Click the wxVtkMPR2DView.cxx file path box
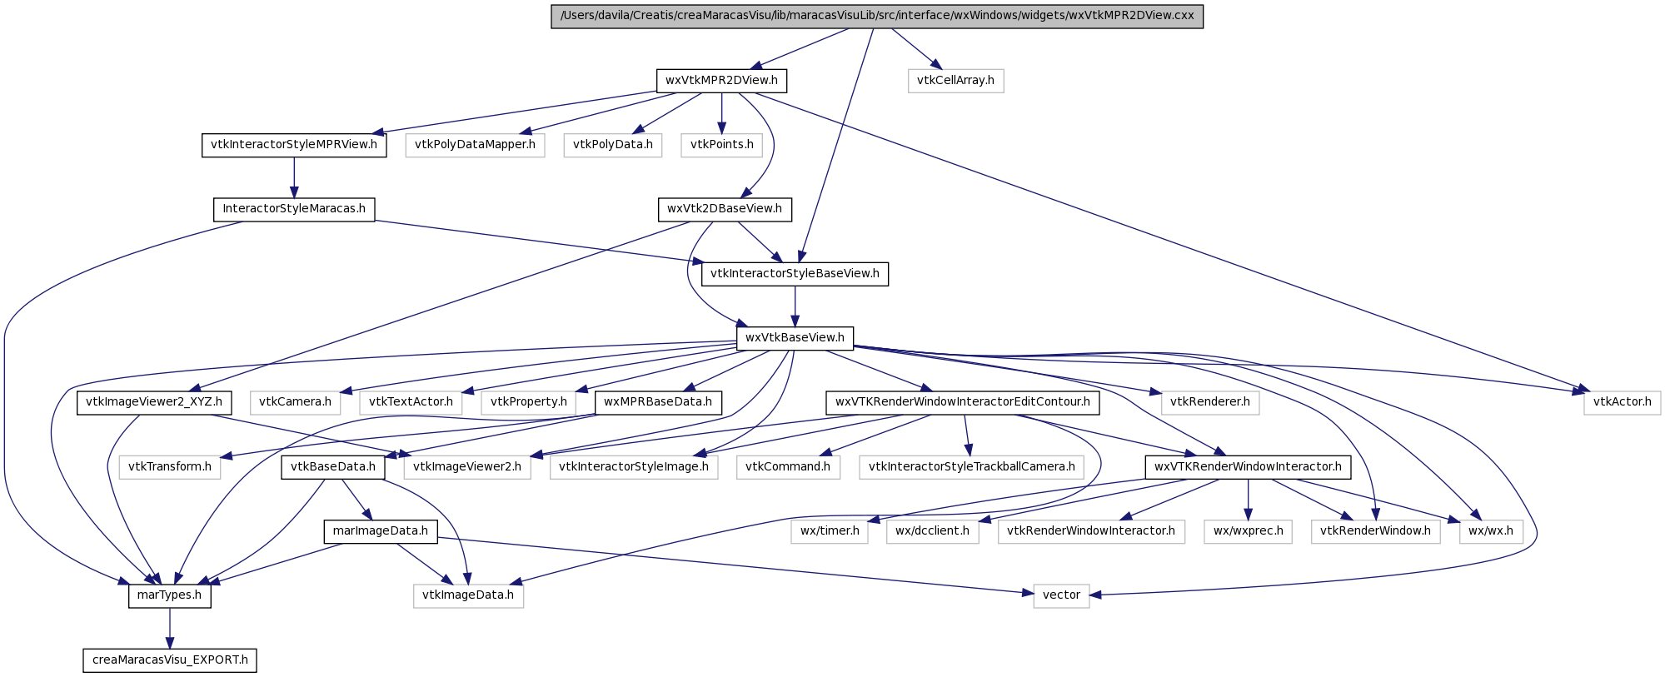(x=877, y=16)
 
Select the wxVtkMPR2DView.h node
(x=721, y=81)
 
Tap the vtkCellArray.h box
(x=955, y=81)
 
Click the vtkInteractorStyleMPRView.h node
(x=294, y=145)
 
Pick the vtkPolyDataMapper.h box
(x=475, y=145)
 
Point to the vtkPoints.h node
(x=722, y=145)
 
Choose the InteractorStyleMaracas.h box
(x=294, y=209)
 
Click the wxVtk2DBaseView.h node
(x=725, y=209)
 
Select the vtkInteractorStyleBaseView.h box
(x=795, y=274)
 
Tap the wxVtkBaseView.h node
(x=795, y=338)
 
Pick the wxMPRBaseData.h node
(x=658, y=402)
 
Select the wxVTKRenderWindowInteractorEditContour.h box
(x=963, y=402)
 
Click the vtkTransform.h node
(x=170, y=467)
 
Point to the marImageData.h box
(x=381, y=531)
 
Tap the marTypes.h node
(x=170, y=595)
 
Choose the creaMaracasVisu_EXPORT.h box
(x=170, y=660)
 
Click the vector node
(x=1061, y=595)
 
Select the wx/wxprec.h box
(x=1248, y=531)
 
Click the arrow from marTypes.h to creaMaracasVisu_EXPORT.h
(x=170, y=628)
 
